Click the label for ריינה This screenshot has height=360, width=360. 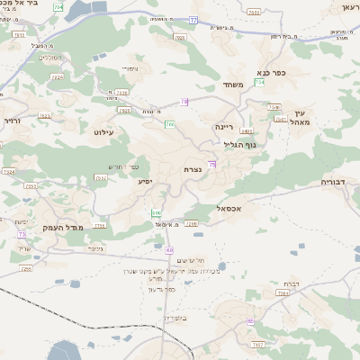[224, 127]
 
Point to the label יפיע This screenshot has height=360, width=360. [145, 181]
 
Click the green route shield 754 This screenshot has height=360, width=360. [259, 83]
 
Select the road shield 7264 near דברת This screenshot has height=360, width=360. [283, 292]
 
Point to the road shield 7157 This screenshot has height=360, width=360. [259, 345]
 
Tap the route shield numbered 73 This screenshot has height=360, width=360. [20, 234]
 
